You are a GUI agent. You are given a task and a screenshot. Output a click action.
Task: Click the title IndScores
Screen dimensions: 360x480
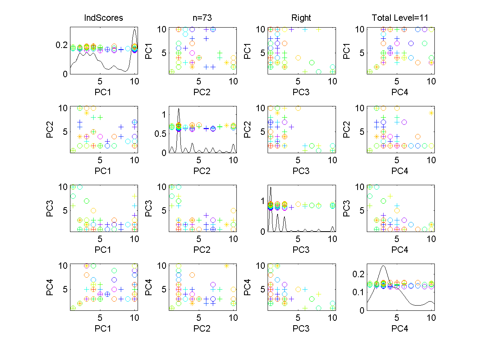(103, 18)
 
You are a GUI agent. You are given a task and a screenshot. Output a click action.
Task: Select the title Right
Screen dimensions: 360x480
(301, 18)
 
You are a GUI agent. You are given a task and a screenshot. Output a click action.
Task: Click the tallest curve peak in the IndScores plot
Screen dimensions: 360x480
(135, 29)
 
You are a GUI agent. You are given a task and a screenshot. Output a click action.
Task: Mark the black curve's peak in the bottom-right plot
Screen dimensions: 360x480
(383, 265)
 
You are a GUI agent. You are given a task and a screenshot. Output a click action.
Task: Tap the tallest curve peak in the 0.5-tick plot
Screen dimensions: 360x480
(178, 108)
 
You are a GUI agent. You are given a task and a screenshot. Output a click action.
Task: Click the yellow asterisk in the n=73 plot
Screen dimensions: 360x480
(227, 62)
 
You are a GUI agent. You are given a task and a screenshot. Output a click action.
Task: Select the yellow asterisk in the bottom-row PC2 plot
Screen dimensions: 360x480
(227, 266)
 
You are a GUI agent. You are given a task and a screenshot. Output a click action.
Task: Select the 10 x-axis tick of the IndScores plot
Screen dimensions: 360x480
(134, 81)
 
